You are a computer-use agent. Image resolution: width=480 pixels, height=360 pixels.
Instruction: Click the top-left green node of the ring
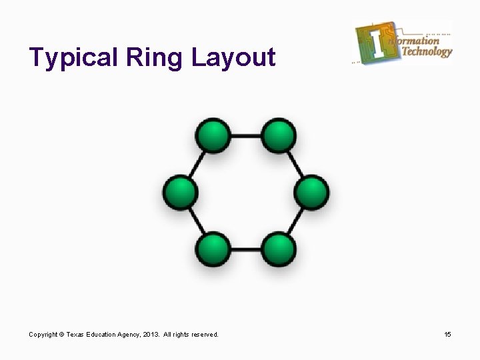(x=213, y=136)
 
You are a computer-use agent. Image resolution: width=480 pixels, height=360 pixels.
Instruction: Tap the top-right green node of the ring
(x=278, y=136)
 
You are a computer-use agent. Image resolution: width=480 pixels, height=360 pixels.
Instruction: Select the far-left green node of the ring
(x=180, y=192)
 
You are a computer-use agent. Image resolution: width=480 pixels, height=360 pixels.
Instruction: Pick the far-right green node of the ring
(x=311, y=192)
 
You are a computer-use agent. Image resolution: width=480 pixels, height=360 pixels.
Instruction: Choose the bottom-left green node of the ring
(x=213, y=249)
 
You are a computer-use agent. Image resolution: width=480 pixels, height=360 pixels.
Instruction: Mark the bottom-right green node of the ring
(x=278, y=249)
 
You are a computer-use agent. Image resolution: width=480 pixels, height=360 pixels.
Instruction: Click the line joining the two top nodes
(x=245, y=136)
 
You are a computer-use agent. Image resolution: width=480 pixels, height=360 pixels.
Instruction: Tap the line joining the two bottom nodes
(x=245, y=250)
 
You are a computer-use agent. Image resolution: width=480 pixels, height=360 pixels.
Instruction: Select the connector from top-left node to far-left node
(x=196, y=165)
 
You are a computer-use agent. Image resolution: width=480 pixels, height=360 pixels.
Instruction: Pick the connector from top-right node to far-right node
(x=295, y=165)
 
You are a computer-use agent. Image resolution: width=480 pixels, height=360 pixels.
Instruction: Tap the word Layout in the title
(x=233, y=58)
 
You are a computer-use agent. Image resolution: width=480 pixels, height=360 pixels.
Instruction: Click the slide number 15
(x=447, y=334)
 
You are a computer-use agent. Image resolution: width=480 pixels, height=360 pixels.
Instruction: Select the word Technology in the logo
(x=427, y=51)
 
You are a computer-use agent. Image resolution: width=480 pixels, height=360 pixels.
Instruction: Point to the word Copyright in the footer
(x=43, y=334)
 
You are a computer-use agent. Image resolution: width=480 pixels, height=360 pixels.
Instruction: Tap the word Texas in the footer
(x=75, y=334)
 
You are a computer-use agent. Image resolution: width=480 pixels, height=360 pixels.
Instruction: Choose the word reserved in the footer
(x=203, y=334)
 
